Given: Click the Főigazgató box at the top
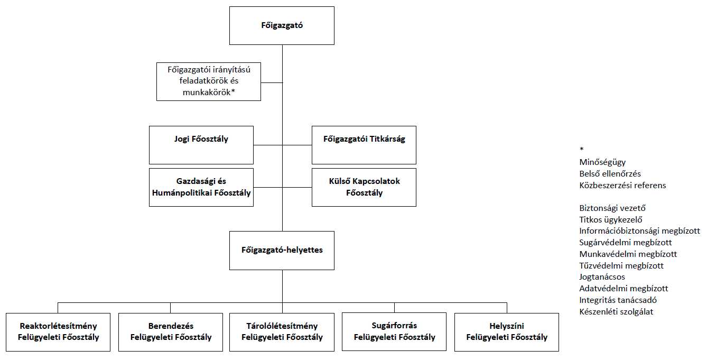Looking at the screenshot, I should click(282, 25).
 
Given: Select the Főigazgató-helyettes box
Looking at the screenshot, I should click(282, 250).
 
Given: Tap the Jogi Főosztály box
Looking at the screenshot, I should click(201, 145).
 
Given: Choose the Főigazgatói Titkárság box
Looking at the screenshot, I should click(364, 145).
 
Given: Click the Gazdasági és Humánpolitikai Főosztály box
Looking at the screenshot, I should click(201, 187).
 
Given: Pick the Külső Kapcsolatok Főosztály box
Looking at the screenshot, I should click(364, 187).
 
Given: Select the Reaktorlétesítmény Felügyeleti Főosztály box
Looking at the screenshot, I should click(58, 332).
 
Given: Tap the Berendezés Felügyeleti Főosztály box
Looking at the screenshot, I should click(171, 332).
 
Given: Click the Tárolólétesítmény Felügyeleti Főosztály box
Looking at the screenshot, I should click(282, 332).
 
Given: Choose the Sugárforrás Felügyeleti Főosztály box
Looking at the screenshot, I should click(394, 332).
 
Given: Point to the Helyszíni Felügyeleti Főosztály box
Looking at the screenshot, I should click(507, 332).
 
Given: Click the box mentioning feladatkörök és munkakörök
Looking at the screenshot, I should click(209, 81).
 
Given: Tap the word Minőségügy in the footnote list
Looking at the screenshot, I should click(602, 162).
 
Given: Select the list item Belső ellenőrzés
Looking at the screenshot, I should click(610, 174).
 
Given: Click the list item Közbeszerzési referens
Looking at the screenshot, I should click(622, 186).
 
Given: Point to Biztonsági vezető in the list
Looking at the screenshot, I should click(612, 208).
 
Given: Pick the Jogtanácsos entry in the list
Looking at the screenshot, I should click(602, 277).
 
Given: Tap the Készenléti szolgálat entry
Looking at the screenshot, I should click(616, 312).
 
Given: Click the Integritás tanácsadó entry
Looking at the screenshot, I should click(618, 300).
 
